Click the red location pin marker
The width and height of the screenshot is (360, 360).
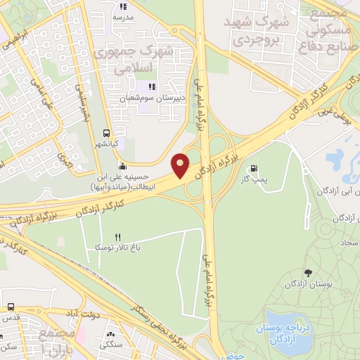coord(181,165)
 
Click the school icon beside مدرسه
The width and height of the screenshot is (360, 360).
coord(123,6)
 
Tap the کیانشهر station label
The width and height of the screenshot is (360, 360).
coord(106,144)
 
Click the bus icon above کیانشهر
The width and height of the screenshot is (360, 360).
coord(106,132)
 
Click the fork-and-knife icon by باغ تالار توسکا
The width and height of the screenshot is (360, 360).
coord(117,237)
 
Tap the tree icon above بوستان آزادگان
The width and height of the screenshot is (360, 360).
coord(307,271)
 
